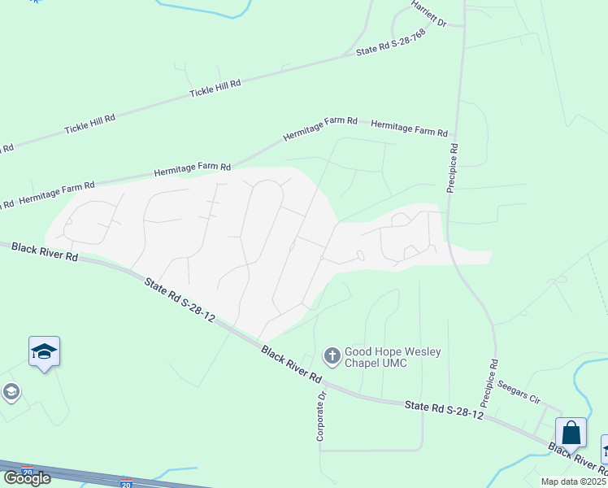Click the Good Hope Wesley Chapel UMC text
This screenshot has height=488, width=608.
[393, 357]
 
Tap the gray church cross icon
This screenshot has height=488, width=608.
[332, 355]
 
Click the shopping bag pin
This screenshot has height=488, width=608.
[571, 434]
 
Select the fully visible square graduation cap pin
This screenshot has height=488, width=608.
[44, 352]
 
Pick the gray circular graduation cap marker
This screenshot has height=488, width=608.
[11, 393]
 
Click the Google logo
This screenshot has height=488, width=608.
[27, 478]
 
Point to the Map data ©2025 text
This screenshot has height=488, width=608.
[574, 481]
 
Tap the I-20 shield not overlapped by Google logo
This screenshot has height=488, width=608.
[126, 483]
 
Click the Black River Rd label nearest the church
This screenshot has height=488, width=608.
[292, 365]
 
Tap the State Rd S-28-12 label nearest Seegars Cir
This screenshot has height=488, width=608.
[444, 409]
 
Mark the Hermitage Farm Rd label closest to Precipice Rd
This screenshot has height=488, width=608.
[409, 129]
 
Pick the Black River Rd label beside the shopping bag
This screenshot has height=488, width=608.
[578, 459]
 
